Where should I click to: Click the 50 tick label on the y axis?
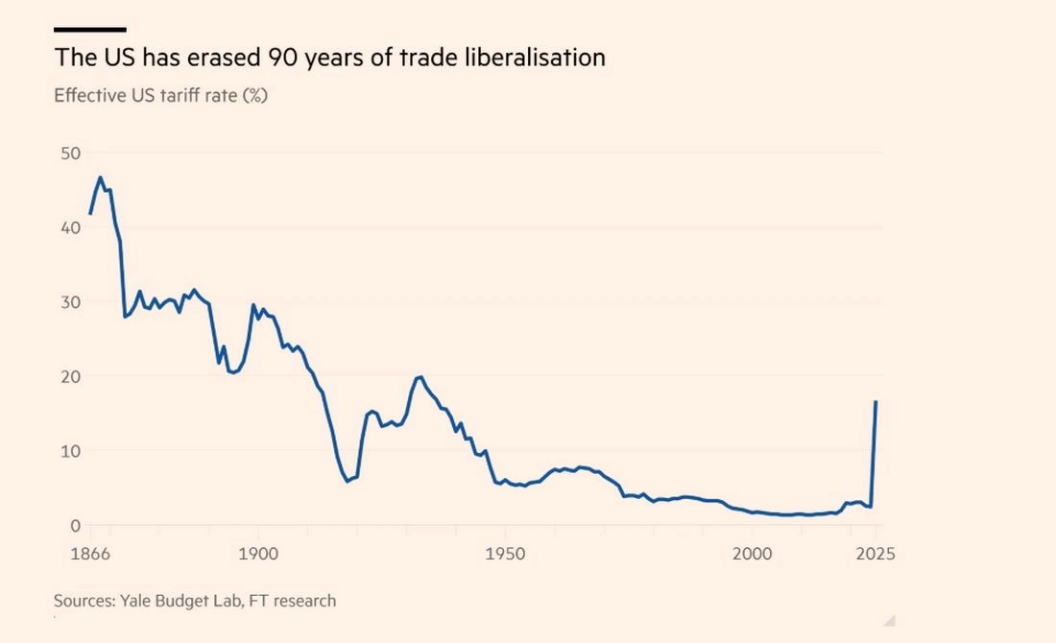[69, 154]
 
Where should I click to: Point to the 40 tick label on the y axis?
[69, 227]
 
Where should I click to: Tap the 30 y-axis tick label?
[69, 302]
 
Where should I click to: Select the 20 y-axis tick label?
[69, 376]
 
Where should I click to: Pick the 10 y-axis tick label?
[69, 451]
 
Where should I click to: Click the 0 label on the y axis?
[74, 525]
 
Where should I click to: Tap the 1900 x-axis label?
[256, 554]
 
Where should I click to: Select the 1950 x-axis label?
[505, 554]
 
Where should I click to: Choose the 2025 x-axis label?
[876, 554]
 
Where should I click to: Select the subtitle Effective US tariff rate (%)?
[160, 96]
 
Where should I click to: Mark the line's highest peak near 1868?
[101, 178]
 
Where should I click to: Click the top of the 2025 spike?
[876, 402]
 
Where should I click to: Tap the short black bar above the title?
[89, 30]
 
